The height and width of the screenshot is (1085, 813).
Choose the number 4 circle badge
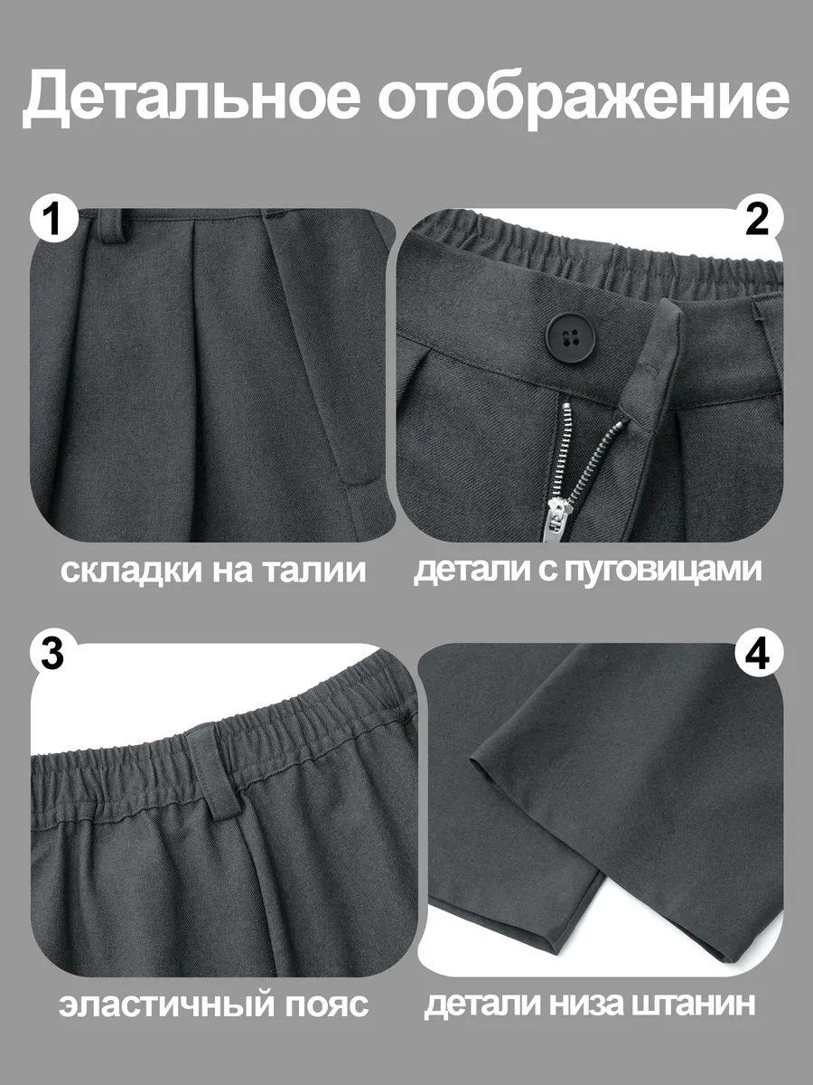coord(759,656)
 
